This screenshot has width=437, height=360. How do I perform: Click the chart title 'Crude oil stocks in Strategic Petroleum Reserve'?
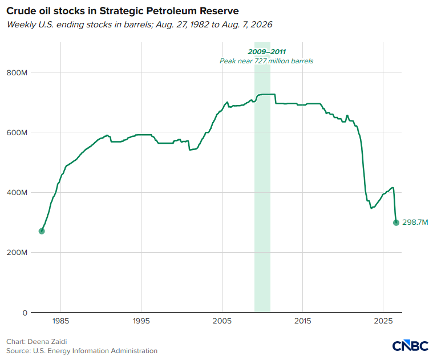122,11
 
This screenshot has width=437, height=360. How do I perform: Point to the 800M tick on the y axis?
17,72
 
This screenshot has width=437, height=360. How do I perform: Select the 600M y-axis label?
17,132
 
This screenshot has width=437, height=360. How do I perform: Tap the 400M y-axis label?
17,192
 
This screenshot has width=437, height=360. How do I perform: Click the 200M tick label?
17,252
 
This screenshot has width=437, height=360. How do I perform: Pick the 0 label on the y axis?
25,313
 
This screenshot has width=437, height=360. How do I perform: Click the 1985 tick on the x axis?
60,321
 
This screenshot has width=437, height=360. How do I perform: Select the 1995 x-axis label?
141,321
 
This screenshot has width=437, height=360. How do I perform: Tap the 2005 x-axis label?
222,321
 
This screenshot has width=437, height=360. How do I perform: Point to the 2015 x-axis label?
303,321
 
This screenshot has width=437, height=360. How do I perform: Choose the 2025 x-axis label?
383,321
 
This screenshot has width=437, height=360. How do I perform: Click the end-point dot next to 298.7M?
396,223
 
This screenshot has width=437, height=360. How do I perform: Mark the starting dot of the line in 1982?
42,231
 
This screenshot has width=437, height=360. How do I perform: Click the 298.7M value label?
415,223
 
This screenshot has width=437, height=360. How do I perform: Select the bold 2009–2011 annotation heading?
267,52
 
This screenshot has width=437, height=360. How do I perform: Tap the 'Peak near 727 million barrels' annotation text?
266,61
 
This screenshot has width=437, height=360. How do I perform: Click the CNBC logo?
410,346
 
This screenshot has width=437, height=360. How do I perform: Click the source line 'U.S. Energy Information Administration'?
95,350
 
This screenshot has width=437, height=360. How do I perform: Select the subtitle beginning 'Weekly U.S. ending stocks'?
139,25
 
